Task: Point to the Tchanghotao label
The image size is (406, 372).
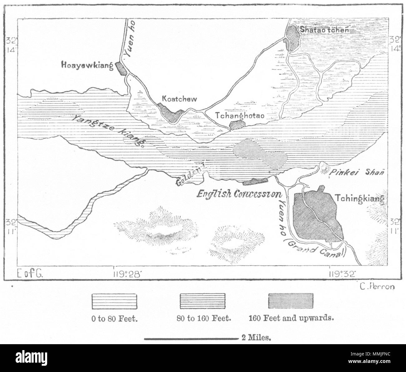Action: (240, 115)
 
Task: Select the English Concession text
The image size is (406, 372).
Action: (239, 194)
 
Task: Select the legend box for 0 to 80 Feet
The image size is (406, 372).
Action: (114, 301)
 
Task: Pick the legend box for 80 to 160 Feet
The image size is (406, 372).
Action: (202, 301)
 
